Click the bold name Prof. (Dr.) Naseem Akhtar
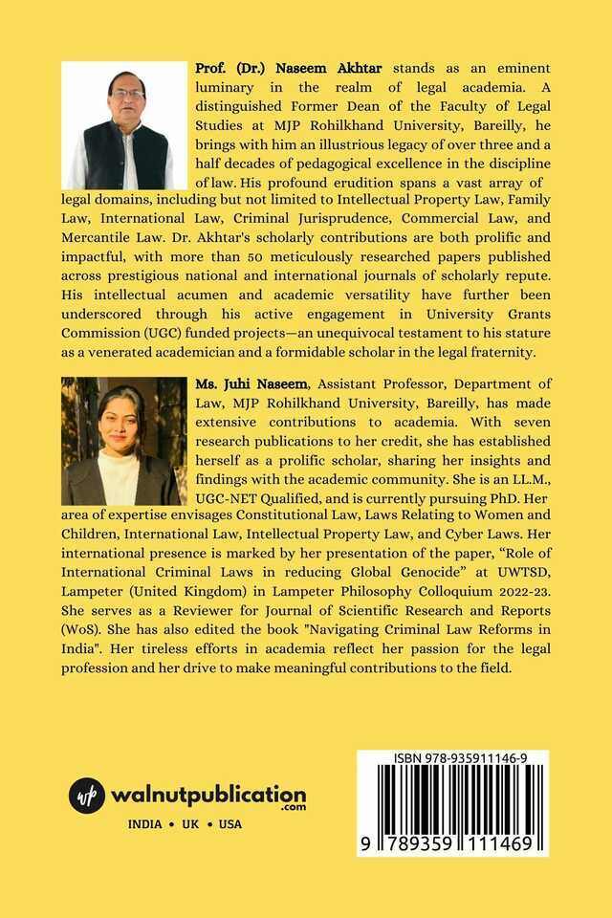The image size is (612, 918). [x=274, y=69]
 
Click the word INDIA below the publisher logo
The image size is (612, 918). [x=145, y=824]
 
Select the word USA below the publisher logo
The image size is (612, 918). [x=230, y=824]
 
